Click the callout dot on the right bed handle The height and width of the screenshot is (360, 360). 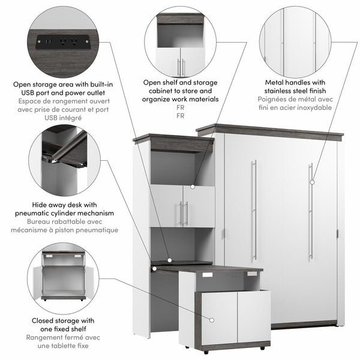click(x=311, y=181)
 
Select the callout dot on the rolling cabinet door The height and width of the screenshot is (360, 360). click(x=210, y=319)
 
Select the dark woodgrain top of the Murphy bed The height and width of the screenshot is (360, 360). click(x=270, y=130)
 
